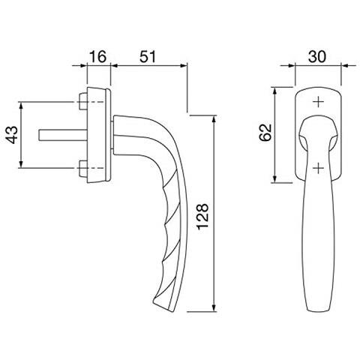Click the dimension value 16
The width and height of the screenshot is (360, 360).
(98, 56)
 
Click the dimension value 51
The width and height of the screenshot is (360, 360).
(148, 56)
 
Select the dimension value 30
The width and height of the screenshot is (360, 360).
(317, 56)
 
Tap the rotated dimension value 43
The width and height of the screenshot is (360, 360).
(12, 135)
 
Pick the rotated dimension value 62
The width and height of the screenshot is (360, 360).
(265, 133)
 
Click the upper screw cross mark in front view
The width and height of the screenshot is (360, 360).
(319, 102)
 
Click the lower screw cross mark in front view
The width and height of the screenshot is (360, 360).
(319, 168)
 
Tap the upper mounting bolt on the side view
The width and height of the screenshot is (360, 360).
(82, 102)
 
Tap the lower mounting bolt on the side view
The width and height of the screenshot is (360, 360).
(82, 168)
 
